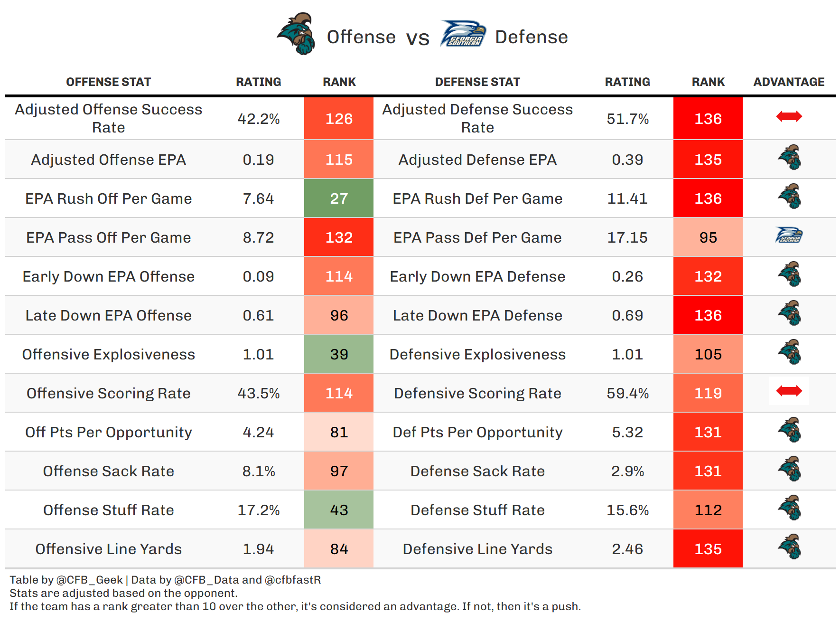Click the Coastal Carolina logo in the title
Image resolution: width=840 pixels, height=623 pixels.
(297, 34)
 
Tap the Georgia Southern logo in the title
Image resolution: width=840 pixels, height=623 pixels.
(463, 34)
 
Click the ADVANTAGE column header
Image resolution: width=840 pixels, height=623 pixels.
(789, 82)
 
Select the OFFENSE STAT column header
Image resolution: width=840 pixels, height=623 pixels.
(108, 82)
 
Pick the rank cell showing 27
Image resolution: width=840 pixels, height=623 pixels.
(339, 198)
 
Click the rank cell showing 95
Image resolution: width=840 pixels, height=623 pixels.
(708, 237)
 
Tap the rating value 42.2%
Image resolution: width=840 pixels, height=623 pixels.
(259, 119)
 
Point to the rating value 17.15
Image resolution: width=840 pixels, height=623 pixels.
(627, 237)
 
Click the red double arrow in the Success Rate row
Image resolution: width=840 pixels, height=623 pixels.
(789, 116)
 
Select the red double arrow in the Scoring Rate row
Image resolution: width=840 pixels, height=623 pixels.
(789, 391)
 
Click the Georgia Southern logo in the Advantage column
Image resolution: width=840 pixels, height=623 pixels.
(789, 235)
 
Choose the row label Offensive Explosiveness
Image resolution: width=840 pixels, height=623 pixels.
(108, 354)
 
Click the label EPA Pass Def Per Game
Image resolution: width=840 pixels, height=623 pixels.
(477, 237)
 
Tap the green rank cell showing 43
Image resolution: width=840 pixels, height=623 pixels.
(339, 510)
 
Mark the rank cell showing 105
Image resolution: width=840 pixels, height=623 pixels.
(708, 354)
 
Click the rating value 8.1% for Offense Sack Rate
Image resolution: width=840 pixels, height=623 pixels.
(259, 471)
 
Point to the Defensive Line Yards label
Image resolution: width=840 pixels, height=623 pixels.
(477, 549)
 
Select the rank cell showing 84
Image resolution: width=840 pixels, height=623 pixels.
(339, 549)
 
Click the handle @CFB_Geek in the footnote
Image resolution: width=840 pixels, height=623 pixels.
(89, 580)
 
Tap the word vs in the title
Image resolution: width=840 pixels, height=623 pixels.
(418, 38)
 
